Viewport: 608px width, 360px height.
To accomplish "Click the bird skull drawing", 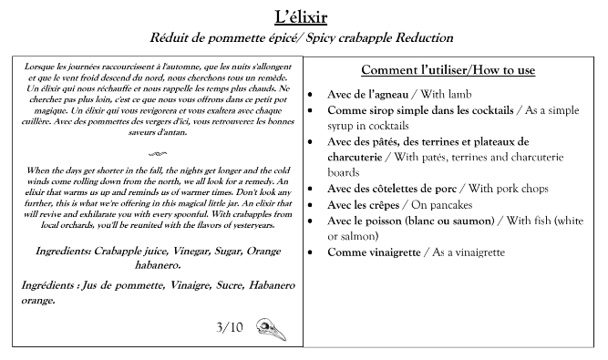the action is [x=271, y=328].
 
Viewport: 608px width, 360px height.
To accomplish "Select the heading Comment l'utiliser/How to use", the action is [x=448, y=70].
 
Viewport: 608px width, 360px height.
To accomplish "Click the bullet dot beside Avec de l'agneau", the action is [x=313, y=95].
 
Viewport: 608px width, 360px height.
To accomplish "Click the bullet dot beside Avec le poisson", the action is [x=313, y=221].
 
